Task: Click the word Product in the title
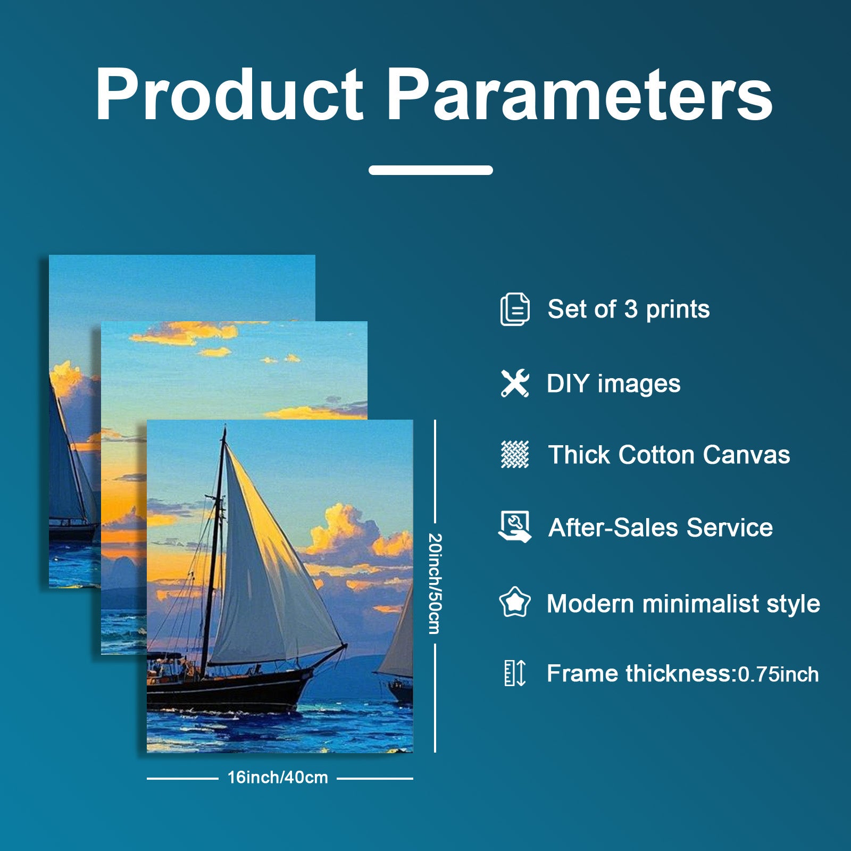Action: [x=229, y=94]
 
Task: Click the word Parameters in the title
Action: [x=579, y=94]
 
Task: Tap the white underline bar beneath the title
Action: [x=431, y=170]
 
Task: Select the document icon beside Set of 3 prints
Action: [x=515, y=309]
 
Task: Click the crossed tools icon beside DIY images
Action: [x=515, y=383]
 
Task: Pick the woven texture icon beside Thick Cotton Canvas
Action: [x=515, y=455]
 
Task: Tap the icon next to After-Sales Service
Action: [x=515, y=527]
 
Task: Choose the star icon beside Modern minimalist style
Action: [x=515, y=602]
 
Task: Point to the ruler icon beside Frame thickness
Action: [x=515, y=673]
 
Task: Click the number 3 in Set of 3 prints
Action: [x=631, y=309]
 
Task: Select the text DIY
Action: [x=568, y=383]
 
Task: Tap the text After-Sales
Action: [x=613, y=528]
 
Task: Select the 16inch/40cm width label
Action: [x=278, y=778]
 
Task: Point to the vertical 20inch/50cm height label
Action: [x=435, y=583]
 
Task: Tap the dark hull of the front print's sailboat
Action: [x=229, y=689]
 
